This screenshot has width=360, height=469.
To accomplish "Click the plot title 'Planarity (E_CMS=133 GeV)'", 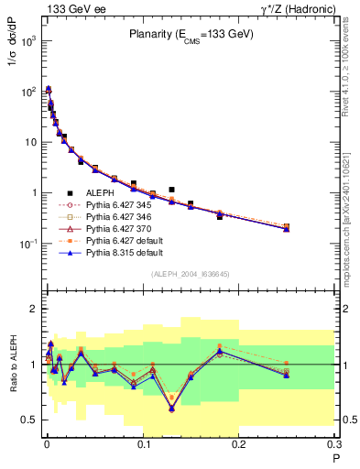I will [190, 34].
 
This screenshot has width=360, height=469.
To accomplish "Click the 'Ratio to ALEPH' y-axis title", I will [11, 364].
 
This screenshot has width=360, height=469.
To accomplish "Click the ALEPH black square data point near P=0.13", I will [171, 190].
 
